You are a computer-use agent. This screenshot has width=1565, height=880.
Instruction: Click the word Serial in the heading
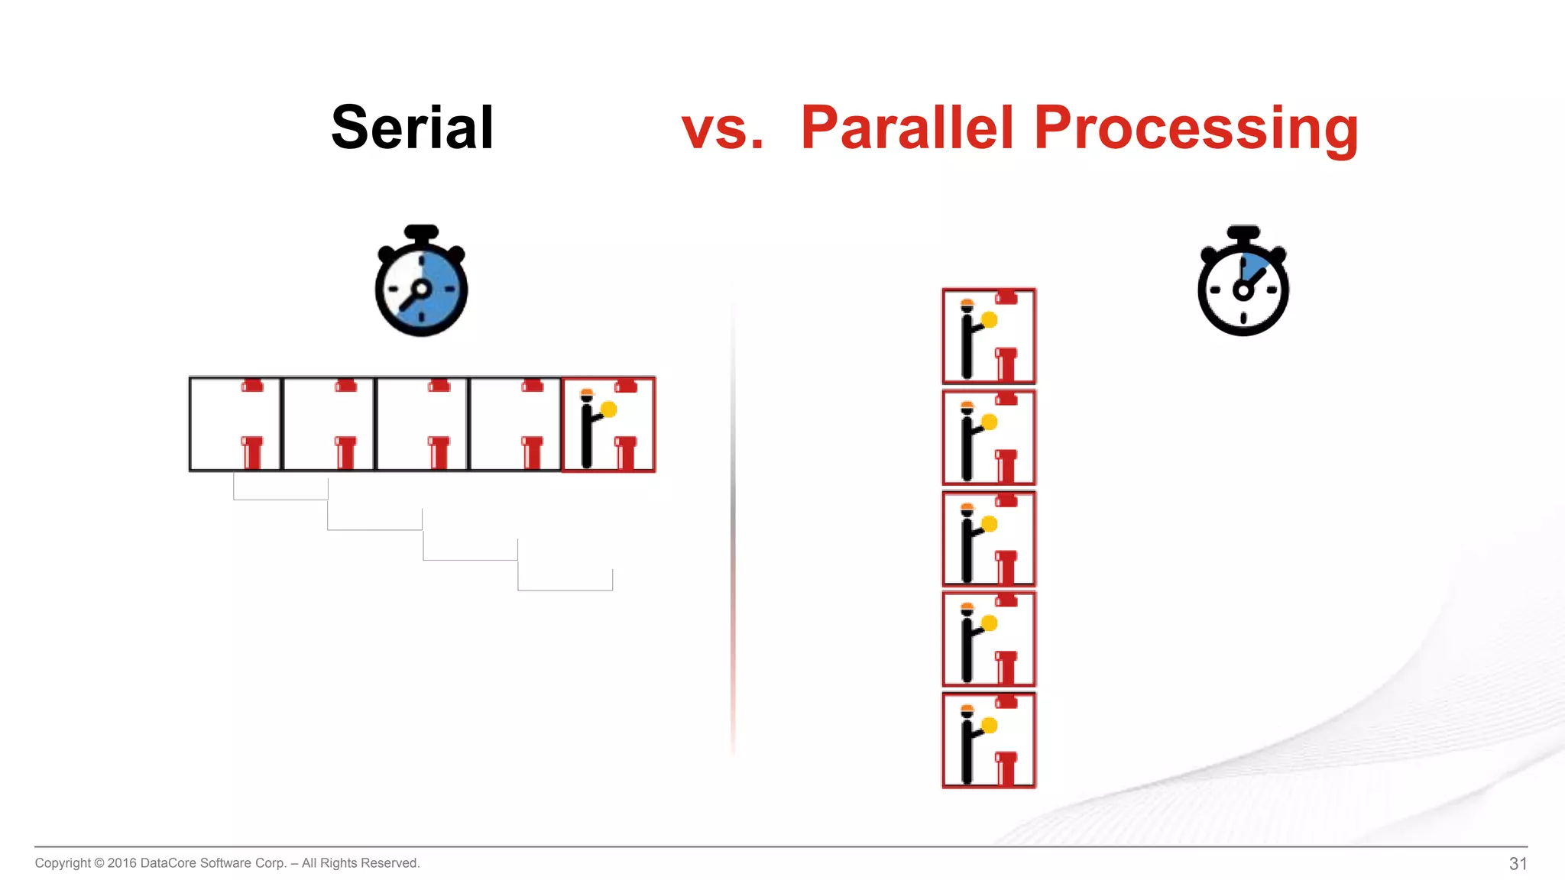[x=413, y=128]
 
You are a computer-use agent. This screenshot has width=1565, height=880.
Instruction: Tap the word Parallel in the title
[x=907, y=128]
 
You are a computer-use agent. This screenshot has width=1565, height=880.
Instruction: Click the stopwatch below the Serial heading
[x=421, y=283]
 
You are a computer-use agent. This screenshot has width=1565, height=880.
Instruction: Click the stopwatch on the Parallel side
[x=1243, y=283]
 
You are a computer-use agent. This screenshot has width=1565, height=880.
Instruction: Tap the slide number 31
[x=1518, y=863]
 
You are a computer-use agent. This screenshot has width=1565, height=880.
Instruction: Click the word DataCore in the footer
[x=168, y=863]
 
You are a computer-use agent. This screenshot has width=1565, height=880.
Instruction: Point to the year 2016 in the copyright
[x=122, y=863]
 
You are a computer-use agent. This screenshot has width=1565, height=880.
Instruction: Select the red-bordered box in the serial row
[x=608, y=425]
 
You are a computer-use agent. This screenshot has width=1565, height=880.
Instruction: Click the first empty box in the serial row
[x=235, y=425]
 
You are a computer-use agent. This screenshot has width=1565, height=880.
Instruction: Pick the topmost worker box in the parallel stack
[x=989, y=336]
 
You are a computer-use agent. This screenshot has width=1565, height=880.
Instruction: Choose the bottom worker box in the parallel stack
[x=989, y=740]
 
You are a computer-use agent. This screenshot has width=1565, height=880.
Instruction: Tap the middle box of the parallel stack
[x=989, y=539]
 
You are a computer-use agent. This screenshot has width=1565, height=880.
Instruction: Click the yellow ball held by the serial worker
[x=609, y=409]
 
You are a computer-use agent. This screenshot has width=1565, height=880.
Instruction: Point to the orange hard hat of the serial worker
[x=587, y=393]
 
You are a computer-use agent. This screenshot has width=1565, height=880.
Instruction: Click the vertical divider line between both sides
[x=733, y=519]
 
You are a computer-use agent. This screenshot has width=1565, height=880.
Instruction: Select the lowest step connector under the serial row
[x=565, y=589]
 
